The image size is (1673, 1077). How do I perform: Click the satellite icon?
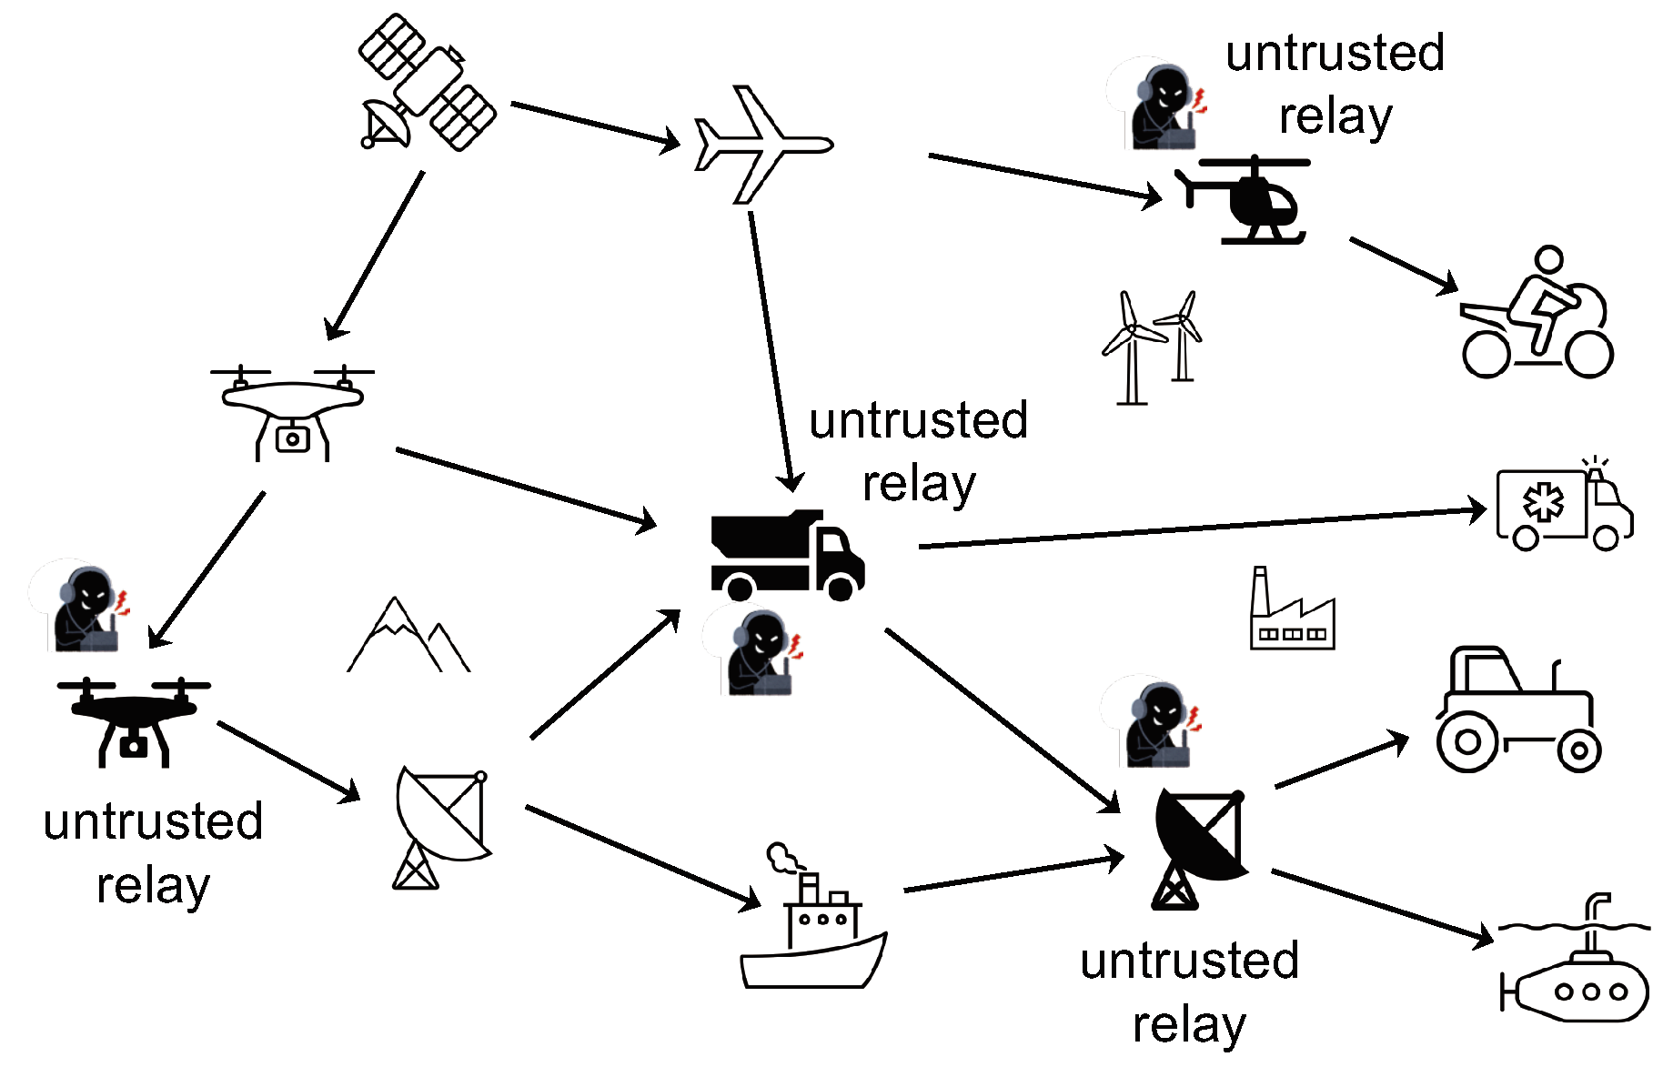pos(426,84)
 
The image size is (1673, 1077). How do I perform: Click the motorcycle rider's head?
pos(1548,259)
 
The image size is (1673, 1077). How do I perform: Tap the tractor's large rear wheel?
pos(1466,741)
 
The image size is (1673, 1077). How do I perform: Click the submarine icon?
pos(1578,987)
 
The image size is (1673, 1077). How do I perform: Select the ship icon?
pos(812,937)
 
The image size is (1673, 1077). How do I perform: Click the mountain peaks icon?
pos(408,637)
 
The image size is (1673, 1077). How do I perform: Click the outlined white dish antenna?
pos(440,823)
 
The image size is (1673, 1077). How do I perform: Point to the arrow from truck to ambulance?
pos(1201,528)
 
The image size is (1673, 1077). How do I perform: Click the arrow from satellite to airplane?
pos(595,124)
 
